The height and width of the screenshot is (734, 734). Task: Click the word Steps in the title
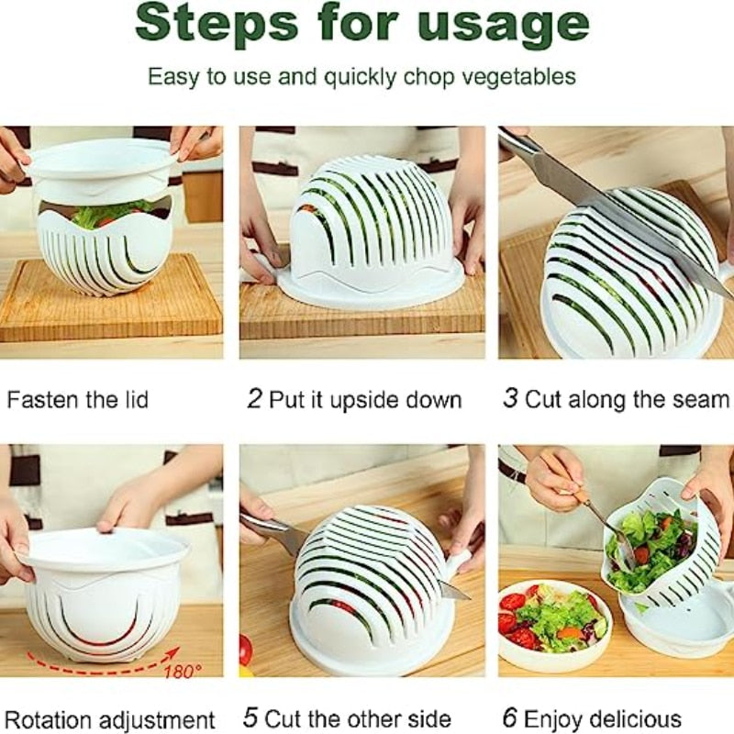[x=220, y=26]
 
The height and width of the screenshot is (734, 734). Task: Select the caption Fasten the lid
[x=77, y=400]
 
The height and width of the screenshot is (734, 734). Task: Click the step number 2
[x=254, y=399]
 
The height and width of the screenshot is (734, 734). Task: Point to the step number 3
[x=510, y=399]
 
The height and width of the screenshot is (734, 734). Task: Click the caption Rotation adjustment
[x=109, y=718]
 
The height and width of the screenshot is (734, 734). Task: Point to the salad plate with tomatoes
[x=550, y=624]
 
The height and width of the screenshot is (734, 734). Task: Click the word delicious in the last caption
[x=637, y=718]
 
